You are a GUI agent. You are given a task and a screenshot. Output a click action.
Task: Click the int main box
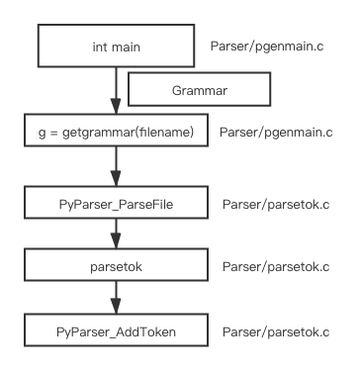point(116,47)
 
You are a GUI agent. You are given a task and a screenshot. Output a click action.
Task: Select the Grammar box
point(199,89)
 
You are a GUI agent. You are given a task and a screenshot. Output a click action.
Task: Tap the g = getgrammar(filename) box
point(116,132)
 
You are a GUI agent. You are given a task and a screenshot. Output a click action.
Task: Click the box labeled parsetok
point(116,266)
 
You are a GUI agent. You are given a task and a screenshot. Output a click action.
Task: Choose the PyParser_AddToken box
point(116,331)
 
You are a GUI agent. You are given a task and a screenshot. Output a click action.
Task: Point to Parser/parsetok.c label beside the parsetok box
point(276,266)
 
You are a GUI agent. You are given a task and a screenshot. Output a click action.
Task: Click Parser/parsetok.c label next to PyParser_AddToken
point(276,331)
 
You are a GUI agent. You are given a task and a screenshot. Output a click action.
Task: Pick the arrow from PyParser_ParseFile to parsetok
point(116,234)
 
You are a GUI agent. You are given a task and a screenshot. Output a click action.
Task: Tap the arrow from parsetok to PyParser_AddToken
point(116,297)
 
